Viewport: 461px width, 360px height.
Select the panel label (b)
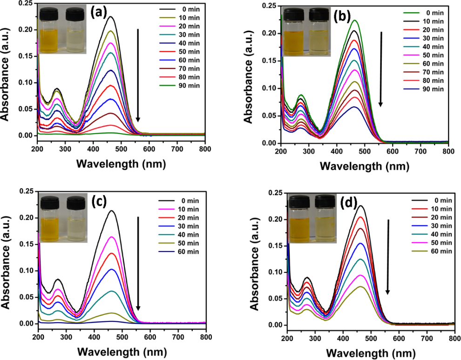343,17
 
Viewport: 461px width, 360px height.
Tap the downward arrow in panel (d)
388,256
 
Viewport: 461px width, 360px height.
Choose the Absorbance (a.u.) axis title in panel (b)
250,75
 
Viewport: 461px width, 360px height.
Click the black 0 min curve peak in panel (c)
112,211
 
